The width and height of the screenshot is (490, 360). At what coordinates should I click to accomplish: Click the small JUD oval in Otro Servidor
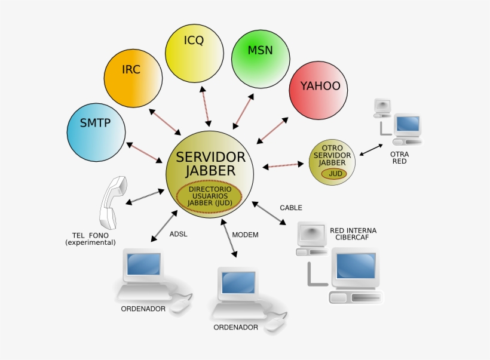334,173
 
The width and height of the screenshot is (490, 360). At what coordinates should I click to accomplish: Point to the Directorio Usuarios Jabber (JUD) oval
209,196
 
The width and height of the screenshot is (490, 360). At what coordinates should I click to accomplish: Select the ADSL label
178,234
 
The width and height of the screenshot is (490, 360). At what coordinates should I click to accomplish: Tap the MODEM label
245,235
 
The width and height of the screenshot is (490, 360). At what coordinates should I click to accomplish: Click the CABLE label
291,208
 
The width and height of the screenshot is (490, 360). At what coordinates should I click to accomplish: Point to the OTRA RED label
399,158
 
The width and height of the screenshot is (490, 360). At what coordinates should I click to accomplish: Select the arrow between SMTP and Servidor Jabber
144,152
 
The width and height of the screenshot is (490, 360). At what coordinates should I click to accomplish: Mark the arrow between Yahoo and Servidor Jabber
272,130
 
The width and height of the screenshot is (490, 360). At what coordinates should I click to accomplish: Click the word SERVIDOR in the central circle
210,157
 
